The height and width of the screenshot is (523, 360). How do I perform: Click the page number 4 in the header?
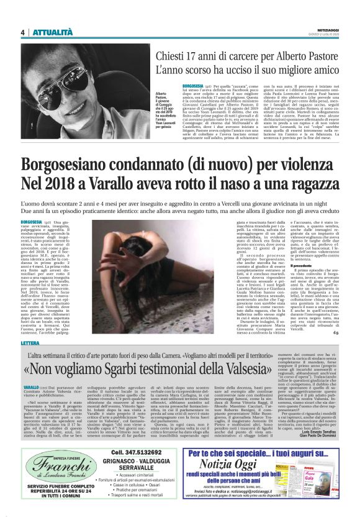point(22,33)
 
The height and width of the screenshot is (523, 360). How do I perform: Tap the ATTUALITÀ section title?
point(52,33)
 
